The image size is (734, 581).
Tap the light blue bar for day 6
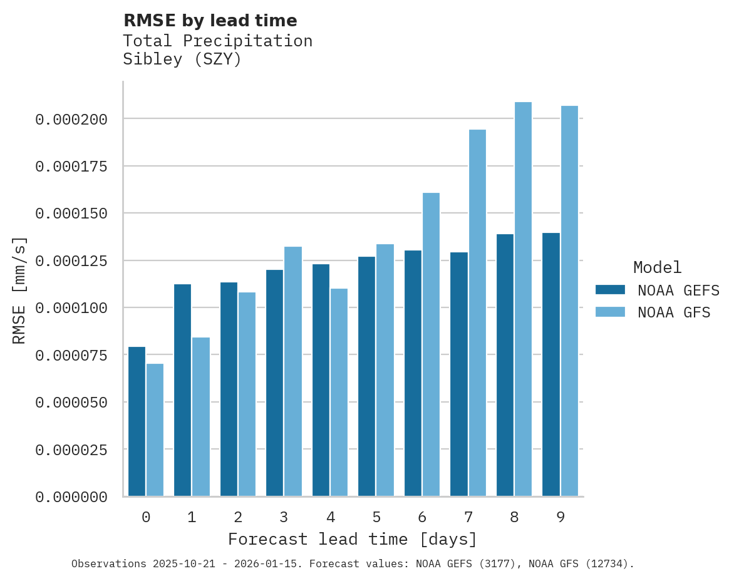pos(431,344)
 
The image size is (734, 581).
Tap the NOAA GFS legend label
pos(674,312)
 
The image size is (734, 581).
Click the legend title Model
pos(657,267)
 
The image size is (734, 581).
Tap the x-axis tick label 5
pos(376,517)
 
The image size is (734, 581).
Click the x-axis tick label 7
pos(468,517)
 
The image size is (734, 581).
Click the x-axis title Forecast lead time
pos(352,539)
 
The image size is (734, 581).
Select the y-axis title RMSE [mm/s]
pos(19,290)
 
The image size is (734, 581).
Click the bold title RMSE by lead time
pos(210,21)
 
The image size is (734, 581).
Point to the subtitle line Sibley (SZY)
pos(182,59)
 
